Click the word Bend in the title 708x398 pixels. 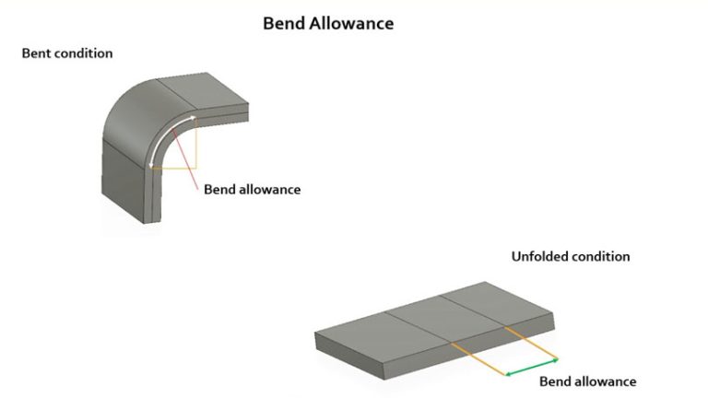pyautogui.click(x=283, y=23)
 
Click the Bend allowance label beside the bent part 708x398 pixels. pyautogui.click(x=252, y=190)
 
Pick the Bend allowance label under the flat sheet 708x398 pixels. pyautogui.click(x=587, y=381)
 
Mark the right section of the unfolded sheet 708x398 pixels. pyautogui.click(x=498, y=309)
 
